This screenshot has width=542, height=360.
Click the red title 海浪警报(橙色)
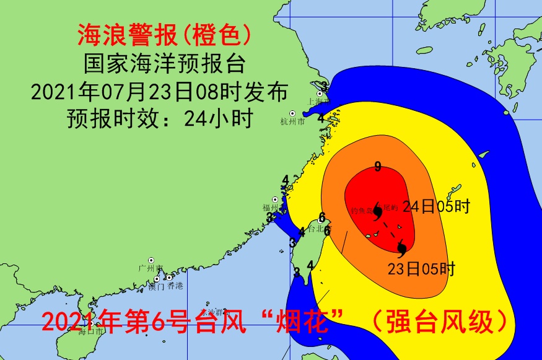click(x=164, y=35)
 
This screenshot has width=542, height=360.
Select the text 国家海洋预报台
click(x=164, y=64)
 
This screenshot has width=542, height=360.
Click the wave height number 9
click(x=377, y=166)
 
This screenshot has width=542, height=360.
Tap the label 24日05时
click(x=436, y=207)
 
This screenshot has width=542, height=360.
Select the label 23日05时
click(x=421, y=270)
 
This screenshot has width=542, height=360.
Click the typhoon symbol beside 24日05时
click(x=377, y=211)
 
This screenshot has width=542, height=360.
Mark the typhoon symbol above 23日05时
click(x=401, y=249)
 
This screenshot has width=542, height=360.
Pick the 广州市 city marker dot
click(x=151, y=260)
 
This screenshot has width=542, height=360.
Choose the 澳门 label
click(x=156, y=286)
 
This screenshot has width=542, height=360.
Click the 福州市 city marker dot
click(x=274, y=200)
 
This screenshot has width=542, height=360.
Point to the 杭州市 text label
click(x=292, y=122)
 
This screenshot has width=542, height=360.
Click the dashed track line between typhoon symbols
click(x=389, y=230)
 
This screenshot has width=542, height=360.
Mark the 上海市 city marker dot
click(x=320, y=94)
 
